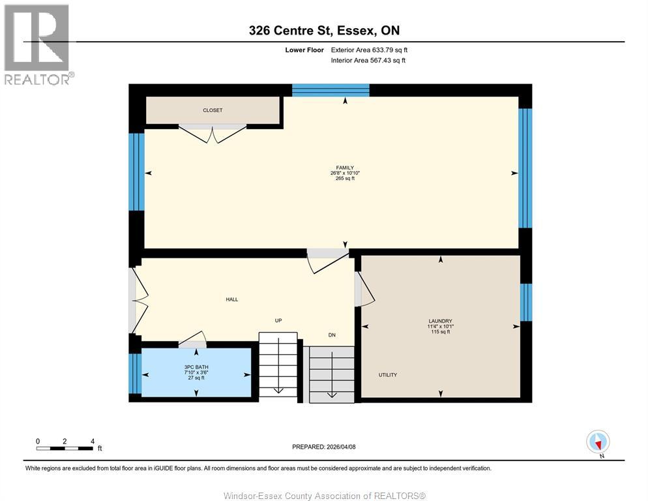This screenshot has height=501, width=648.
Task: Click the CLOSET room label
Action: click(213, 110)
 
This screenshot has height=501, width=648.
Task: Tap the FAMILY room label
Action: click(345, 168)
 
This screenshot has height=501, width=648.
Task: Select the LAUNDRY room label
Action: click(440, 321)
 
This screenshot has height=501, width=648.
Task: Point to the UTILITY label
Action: click(388, 374)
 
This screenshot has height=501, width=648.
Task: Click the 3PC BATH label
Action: click(196, 367)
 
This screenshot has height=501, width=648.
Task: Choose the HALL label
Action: click(231, 299)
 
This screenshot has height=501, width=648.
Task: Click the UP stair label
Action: click(278, 320)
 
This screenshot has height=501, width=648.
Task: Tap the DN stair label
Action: click(331, 335)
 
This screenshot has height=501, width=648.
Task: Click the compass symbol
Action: click(598, 442)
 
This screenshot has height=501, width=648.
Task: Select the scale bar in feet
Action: click(65, 448)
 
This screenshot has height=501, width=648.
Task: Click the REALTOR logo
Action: click(37, 44)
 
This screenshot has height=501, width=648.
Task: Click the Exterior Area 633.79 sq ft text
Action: click(369, 50)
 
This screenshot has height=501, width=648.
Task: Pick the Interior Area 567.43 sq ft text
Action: click(369, 61)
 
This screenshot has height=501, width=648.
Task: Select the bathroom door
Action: click(193, 340)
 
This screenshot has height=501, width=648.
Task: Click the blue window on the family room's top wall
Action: click(331, 90)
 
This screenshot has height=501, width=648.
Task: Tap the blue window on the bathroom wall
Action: click(135, 373)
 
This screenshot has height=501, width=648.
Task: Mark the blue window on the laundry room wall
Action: click(526, 303)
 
